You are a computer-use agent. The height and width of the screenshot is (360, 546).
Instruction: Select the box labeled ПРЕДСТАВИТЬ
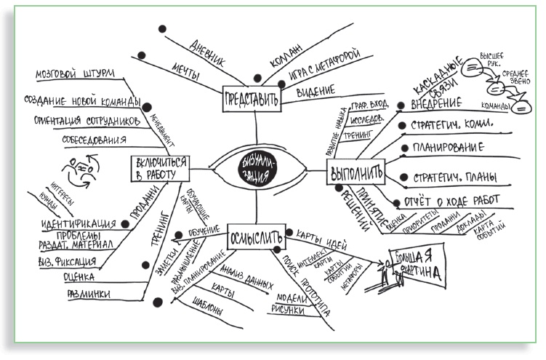(x=250, y=99)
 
